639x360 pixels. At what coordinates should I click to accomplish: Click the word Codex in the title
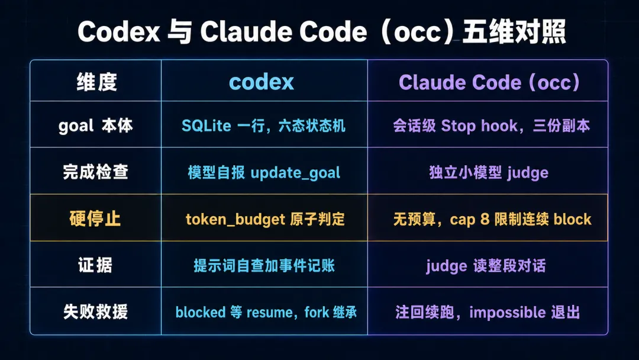click(118, 32)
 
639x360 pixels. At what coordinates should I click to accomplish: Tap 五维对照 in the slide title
click(514, 32)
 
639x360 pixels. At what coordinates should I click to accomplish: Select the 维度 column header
click(96, 82)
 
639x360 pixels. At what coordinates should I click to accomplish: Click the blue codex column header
click(262, 82)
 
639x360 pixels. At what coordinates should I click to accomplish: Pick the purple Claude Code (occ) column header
click(489, 82)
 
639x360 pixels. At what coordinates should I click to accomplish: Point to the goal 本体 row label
click(96, 126)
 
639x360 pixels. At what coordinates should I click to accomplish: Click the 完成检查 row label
click(95, 172)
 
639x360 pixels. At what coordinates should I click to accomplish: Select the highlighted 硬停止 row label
click(95, 218)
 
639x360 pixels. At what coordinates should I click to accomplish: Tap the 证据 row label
click(95, 265)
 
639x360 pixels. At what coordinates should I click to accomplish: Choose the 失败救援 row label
click(95, 311)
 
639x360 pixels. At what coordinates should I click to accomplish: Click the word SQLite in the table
click(206, 126)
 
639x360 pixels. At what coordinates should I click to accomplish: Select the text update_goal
click(295, 173)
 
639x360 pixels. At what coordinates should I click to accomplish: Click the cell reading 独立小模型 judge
click(489, 172)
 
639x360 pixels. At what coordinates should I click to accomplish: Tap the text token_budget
click(235, 219)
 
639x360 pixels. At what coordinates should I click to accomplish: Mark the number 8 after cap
click(485, 219)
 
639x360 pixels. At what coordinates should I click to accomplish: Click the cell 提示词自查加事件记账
click(264, 265)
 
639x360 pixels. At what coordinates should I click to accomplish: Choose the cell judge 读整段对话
click(486, 266)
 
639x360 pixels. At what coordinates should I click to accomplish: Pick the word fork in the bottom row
click(317, 312)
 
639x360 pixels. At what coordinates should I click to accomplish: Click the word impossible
click(508, 313)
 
